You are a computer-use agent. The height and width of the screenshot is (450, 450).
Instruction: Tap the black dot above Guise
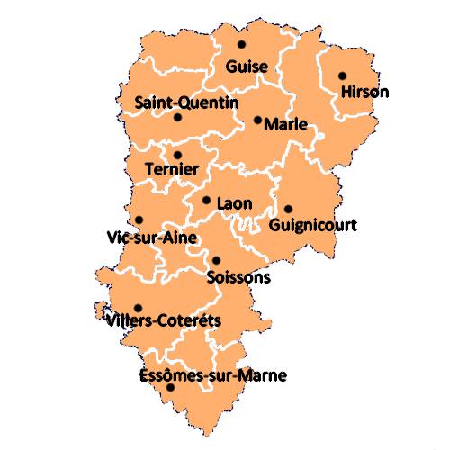click(241, 44)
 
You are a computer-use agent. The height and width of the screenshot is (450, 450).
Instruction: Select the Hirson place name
click(364, 92)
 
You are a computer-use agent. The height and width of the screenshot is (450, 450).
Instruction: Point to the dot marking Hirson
click(342, 76)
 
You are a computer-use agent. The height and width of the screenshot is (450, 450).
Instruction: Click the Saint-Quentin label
click(186, 103)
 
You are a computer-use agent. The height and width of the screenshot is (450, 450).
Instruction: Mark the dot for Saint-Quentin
click(177, 117)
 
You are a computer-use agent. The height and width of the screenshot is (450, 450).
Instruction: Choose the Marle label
click(286, 125)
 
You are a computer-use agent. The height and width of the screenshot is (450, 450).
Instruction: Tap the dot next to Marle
click(257, 120)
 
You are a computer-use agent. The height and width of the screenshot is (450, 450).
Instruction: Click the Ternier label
click(171, 169)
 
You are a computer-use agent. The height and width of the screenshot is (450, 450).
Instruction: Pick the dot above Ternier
click(177, 155)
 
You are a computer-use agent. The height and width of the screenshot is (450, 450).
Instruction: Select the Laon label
click(234, 203)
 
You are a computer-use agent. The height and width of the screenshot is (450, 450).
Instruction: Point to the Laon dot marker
click(206, 201)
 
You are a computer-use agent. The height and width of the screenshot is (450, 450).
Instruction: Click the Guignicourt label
click(314, 224)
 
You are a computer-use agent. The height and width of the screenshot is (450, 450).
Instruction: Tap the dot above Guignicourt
click(289, 209)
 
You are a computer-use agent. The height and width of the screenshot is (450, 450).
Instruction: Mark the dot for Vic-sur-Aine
click(139, 220)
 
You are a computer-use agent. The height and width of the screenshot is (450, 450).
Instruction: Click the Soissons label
click(238, 277)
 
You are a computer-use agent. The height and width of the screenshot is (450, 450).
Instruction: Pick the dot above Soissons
click(216, 260)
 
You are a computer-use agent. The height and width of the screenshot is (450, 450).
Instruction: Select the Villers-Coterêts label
click(163, 319)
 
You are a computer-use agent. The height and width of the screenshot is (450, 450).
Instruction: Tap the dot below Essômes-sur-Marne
click(171, 388)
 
